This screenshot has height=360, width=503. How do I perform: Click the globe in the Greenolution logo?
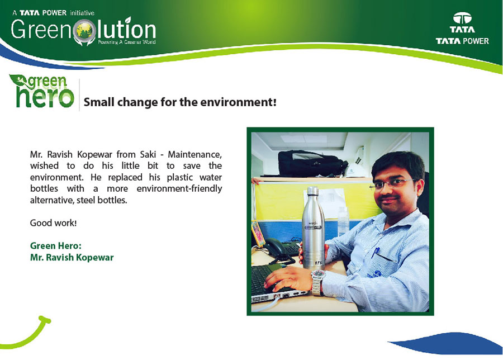pos(85,31)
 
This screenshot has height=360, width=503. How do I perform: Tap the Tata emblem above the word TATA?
pos(462,18)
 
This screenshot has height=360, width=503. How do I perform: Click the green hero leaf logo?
pos(41,91)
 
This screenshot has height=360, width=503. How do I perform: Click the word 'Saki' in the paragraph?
pos(148,154)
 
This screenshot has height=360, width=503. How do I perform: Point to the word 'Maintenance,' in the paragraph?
pos(194,154)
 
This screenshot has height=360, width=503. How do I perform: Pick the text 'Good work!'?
pos(53,222)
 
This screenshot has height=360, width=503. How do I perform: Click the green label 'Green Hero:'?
pos(56,246)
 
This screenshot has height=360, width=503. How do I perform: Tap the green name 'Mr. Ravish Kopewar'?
pos(72,257)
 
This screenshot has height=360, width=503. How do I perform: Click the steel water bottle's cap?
pos(313,191)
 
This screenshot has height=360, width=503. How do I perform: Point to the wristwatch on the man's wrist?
pos(317,282)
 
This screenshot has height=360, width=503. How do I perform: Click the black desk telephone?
pos(278,248)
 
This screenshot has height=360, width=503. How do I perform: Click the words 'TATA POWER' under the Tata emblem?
pos(462,41)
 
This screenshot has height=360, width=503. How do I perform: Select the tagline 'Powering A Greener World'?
pos(127,42)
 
